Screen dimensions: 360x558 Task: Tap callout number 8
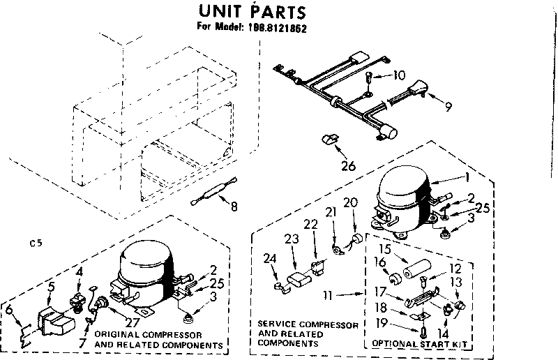point(233,206)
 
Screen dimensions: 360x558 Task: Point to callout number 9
point(448,107)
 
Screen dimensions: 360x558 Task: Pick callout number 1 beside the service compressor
point(465,178)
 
